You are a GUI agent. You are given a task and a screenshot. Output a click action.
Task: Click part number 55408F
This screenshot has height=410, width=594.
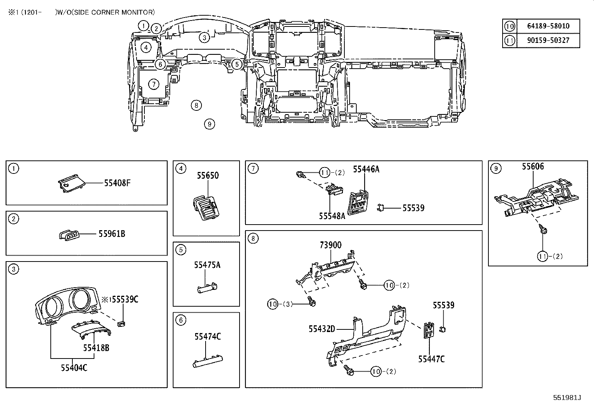pos(117,183)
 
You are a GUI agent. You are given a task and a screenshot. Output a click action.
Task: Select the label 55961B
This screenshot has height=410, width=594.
pos(112,234)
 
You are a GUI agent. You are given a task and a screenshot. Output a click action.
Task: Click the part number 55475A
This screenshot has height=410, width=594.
pos(207,265)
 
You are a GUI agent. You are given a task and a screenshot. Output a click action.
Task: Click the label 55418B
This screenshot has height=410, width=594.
pos(96,348)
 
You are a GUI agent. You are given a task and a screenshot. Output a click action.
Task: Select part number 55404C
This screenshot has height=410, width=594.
pos(74,368)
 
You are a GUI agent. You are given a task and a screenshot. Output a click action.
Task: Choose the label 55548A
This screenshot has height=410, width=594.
pos(332,216)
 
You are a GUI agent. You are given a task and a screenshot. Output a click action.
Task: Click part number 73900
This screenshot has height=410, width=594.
pos(330,245)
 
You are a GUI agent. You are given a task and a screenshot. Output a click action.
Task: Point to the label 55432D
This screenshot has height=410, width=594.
pos(322,329)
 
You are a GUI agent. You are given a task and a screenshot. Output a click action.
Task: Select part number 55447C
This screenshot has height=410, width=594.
pos(431,359)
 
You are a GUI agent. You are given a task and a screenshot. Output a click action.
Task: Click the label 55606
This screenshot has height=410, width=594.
pos(532,167)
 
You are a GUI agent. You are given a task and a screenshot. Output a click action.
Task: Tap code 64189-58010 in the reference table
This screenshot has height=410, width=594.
pos(548,26)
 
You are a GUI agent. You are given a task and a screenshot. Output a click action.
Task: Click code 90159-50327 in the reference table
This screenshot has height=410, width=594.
pos(548,40)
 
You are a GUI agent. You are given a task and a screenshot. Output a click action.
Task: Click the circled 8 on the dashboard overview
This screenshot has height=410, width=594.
pos(196,105)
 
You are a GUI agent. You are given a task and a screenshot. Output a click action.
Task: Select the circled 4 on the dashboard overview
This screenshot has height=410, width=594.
pos(146,47)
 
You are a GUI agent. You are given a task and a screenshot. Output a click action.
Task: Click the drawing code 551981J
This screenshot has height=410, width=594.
pos(567,397)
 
